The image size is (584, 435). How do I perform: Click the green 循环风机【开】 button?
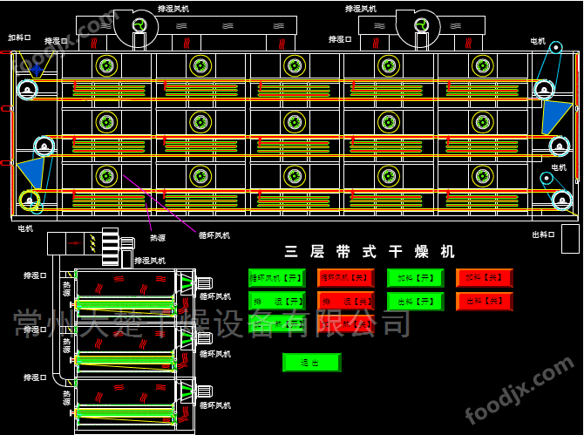click(276, 278)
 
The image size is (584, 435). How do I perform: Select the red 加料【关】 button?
click(485, 278)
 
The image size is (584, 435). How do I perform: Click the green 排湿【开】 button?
click(276, 302)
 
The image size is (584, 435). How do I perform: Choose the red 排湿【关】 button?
click(345, 302)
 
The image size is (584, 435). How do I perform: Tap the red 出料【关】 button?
click(485, 302)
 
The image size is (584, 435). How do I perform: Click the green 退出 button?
click(310, 362)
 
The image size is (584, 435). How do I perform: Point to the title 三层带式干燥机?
click(370, 252)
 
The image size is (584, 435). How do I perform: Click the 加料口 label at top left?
click(19, 38)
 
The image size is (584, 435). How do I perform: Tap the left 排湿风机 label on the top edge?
click(171, 8)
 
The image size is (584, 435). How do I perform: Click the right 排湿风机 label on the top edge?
click(360, 8)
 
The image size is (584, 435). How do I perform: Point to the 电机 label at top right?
click(538, 41)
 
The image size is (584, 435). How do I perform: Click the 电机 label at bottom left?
click(25, 228)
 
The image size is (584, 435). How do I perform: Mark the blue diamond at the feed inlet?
click(37, 67)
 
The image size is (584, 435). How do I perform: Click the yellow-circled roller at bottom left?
click(31, 202)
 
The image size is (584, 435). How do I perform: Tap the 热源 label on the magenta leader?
click(157, 237)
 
